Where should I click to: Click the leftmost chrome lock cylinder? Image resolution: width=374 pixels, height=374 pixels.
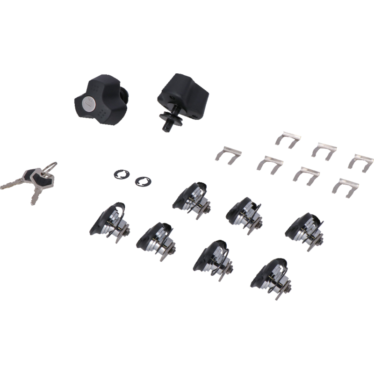coord(110,222)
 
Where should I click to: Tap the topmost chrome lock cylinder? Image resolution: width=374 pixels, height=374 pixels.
coord(193,196)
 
